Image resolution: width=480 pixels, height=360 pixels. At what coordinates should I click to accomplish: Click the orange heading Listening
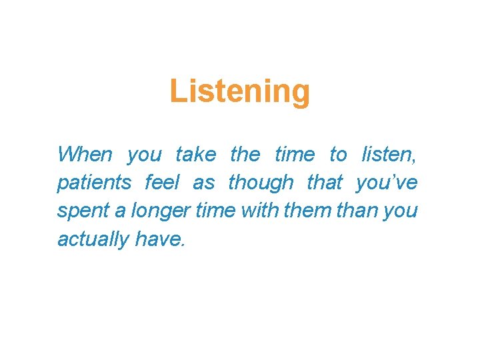tap(239, 91)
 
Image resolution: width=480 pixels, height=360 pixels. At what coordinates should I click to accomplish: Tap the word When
tap(85, 155)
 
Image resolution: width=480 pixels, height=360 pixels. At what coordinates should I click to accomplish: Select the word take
tap(195, 155)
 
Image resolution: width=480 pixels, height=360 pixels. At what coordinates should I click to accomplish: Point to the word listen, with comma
tap(389, 155)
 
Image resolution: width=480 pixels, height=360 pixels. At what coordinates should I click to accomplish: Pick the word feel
tap(162, 182)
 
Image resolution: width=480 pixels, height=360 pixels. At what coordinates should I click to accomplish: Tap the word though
tap(261, 182)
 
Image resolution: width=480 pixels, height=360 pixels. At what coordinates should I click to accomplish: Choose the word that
tap(325, 182)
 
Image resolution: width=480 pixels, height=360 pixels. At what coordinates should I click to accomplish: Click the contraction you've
tap(387, 182)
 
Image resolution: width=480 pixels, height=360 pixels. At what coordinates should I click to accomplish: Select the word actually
tap(93, 239)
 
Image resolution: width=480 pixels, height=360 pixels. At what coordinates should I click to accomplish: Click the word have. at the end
tap(159, 238)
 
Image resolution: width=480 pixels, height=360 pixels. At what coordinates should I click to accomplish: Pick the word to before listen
tap(339, 155)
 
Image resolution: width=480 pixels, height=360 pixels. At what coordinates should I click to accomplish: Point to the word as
tap(204, 182)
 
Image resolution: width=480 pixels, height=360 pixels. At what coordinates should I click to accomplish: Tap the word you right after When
tap(144, 155)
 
